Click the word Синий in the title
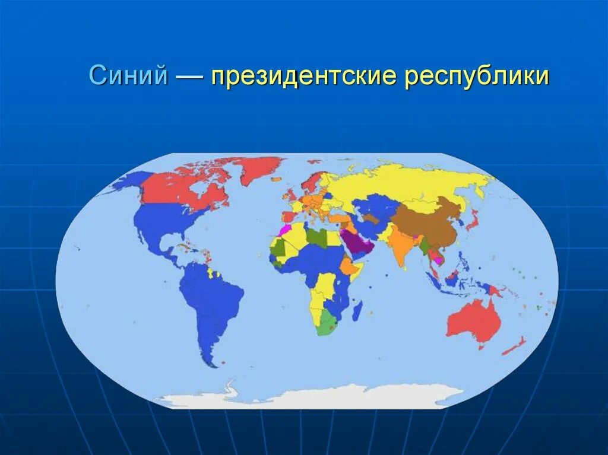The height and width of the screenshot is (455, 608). (128, 77)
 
